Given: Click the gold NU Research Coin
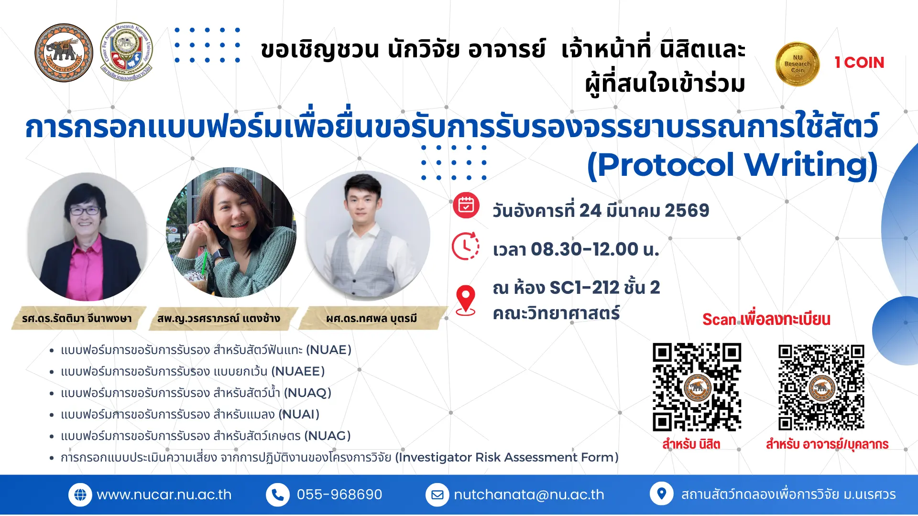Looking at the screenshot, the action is click(x=797, y=64).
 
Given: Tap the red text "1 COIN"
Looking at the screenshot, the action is click(x=859, y=63).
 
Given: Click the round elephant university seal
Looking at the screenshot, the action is click(x=64, y=53).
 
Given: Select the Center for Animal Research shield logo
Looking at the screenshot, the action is click(x=127, y=52).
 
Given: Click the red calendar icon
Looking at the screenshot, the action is click(x=466, y=205).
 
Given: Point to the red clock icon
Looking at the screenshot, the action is click(x=466, y=246).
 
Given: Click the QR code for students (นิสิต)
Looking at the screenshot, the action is click(x=697, y=387).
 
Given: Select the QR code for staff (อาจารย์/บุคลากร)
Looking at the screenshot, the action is click(x=821, y=387).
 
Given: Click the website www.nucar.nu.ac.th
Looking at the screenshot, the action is click(x=164, y=494).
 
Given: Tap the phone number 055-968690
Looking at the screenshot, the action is click(x=339, y=494).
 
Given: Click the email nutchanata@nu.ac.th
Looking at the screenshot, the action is click(x=529, y=494).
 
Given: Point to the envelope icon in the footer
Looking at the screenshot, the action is click(x=437, y=495).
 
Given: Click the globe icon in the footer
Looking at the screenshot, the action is click(x=80, y=495).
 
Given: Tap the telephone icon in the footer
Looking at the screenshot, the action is click(x=278, y=495).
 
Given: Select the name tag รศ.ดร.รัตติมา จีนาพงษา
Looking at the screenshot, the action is click(x=77, y=318).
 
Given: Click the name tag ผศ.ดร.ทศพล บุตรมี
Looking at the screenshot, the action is click(x=372, y=318).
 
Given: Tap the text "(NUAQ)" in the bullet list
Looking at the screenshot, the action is click(x=307, y=393).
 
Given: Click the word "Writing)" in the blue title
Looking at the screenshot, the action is click(x=811, y=165).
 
